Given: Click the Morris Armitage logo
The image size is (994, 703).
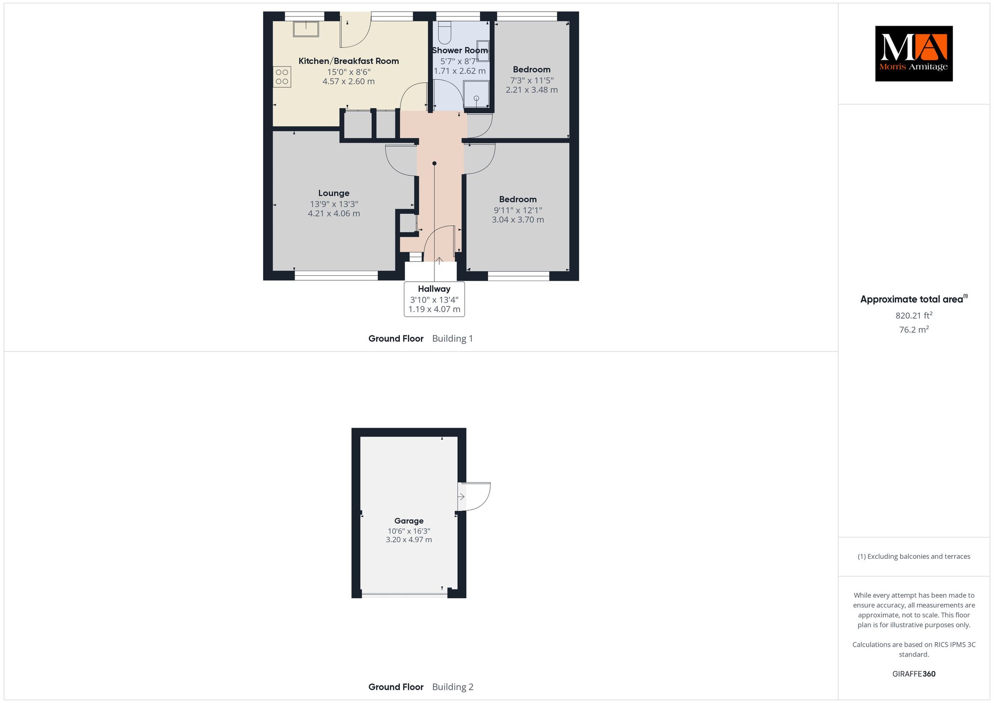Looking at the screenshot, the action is tap(913, 53).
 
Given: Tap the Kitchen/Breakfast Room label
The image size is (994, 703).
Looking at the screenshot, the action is tap(348, 61).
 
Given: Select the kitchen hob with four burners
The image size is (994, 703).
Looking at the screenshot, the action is tap(282, 77).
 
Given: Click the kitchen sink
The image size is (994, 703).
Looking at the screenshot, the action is tap(306, 29).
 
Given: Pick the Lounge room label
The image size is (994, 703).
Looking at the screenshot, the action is tap(334, 193).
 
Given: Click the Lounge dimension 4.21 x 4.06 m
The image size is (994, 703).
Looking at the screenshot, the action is tap(334, 214).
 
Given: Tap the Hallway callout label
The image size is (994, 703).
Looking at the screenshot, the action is tap(434, 299).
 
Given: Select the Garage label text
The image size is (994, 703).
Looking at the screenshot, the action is tap(409, 521).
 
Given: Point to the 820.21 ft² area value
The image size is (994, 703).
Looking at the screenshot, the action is tap(914, 316).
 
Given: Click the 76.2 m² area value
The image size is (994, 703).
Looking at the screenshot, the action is tap(914, 330).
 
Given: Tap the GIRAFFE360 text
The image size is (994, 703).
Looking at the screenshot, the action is tap(914, 674).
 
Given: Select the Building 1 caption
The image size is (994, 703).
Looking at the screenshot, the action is tap(452, 339).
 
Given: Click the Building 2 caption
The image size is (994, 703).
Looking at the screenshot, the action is tap(453, 687).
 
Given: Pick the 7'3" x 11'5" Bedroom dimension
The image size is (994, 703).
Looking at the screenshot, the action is tap(531, 81).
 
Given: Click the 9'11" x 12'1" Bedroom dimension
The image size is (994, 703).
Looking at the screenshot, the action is tap(518, 210).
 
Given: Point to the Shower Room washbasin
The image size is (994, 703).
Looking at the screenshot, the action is tap(483, 50).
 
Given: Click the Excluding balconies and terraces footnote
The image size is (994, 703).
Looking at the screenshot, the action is tap(914, 556).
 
